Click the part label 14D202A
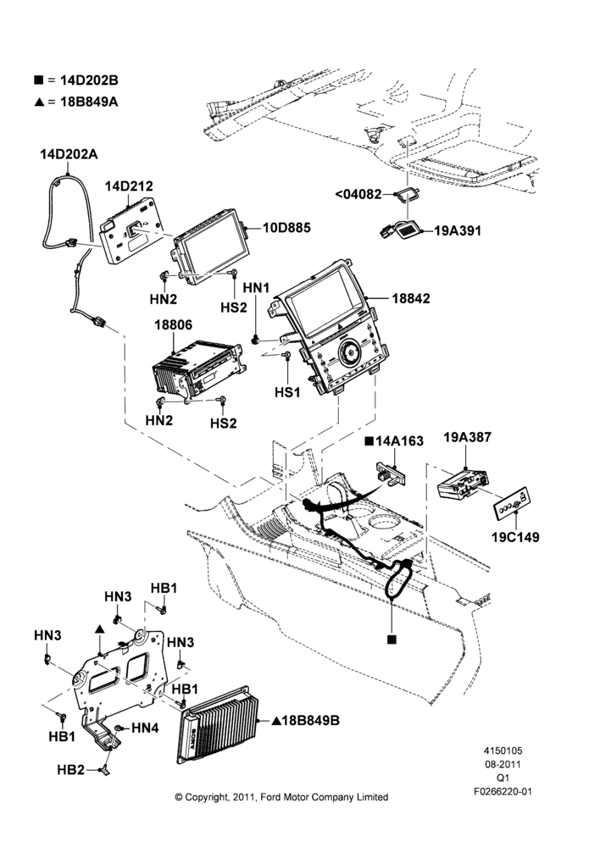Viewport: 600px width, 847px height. coord(69,154)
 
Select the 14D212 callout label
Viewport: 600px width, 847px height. coord(129,185)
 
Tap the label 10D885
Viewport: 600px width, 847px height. coord(286,227)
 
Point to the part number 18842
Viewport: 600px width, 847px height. coord(411,298)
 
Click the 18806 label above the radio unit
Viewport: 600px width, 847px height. coord(173,325)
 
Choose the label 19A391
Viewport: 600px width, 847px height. coord(458,230)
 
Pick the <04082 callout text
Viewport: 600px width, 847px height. coord(358,194)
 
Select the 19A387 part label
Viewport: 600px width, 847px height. coord(468,437)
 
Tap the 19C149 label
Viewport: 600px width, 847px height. coord(515,537)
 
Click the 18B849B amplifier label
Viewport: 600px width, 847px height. coord(305,720)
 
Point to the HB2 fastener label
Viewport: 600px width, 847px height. coord(71,770)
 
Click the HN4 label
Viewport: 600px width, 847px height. coord(145,728)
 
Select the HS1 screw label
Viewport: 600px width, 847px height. coord(287,392)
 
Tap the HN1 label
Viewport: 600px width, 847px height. coord(256,288)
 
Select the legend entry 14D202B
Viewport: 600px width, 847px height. coord(75,80)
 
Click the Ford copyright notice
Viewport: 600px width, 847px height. coord(281,797)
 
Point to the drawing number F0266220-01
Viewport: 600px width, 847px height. coord(503,791)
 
